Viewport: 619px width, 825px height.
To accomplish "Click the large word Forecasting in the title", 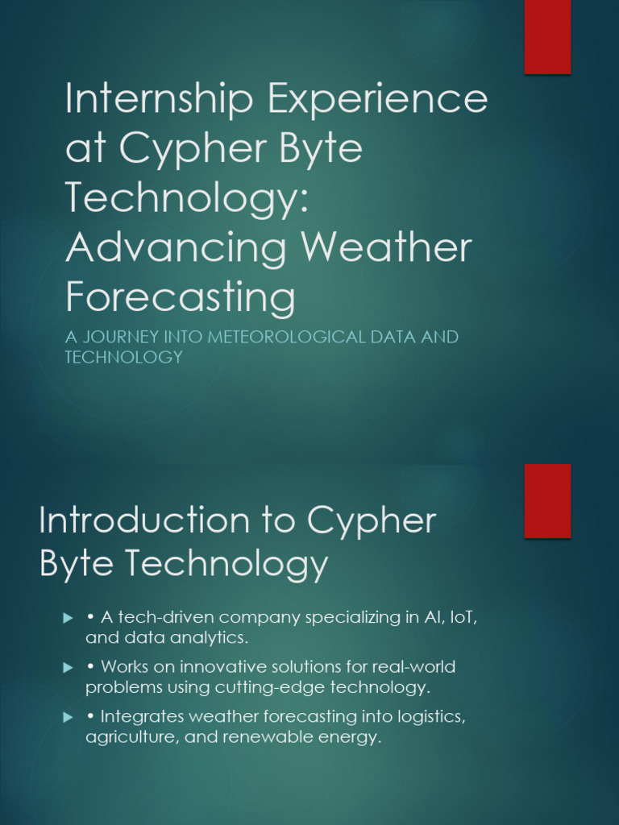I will click(x=181, y=298).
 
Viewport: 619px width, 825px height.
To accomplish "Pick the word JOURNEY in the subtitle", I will click(x=121, y=337).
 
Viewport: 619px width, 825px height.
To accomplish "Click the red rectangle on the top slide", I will click(x=548, y=37).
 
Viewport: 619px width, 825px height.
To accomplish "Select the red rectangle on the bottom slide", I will click(x=548, y=501).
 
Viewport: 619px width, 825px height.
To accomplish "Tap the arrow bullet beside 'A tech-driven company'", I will click(x=68, y=618).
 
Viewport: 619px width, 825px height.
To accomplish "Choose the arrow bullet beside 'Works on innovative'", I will click(x=68, y=668).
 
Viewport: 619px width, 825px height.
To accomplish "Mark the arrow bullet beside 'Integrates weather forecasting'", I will click(x=68, y=717).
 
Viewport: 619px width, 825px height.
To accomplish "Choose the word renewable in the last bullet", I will click(x=272, y=738).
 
